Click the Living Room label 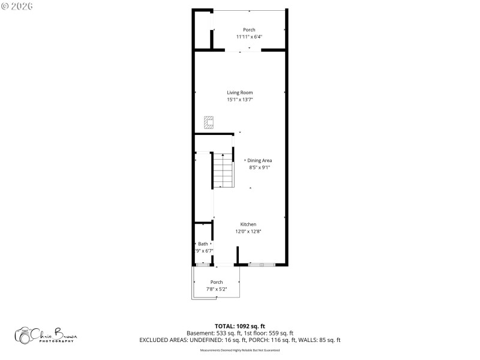239,92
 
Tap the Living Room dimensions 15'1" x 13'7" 239,100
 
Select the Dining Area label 260,160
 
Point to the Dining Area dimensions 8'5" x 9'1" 260,167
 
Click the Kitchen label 248,224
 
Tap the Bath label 203,244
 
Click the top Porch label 248,30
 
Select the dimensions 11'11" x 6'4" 248,37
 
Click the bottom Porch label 217,282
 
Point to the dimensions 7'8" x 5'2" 217,289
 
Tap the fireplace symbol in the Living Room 209,122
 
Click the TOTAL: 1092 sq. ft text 239,326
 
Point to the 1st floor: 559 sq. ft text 269,333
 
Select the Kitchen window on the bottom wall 262,264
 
